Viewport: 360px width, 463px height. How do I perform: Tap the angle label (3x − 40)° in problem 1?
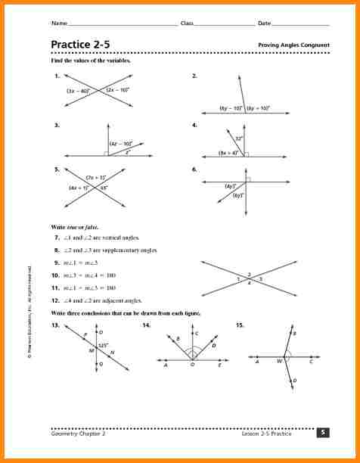[78, 91]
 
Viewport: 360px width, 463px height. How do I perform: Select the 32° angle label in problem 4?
[238, 138]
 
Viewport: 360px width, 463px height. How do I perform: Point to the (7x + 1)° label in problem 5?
[95, 177]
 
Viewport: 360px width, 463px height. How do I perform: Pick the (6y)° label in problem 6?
[238, 195]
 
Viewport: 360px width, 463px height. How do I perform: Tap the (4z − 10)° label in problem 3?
[121, 143]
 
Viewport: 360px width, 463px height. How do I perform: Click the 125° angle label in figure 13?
[104, 345]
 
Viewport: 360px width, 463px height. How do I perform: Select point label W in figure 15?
[279, 362]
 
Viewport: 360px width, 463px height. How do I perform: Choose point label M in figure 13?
[92, 350]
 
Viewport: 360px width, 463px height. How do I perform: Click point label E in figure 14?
[220, 364]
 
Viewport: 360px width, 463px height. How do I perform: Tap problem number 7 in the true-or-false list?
[57, 237]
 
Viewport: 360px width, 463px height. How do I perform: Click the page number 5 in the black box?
[323, 432]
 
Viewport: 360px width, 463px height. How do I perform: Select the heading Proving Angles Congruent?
[293, 45]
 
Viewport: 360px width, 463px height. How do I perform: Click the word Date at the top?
[264, 23]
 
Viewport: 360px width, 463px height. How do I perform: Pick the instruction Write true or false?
[75, 227]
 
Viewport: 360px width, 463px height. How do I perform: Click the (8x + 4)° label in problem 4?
[228, 152]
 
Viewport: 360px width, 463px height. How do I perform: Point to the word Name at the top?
[59, 23]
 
